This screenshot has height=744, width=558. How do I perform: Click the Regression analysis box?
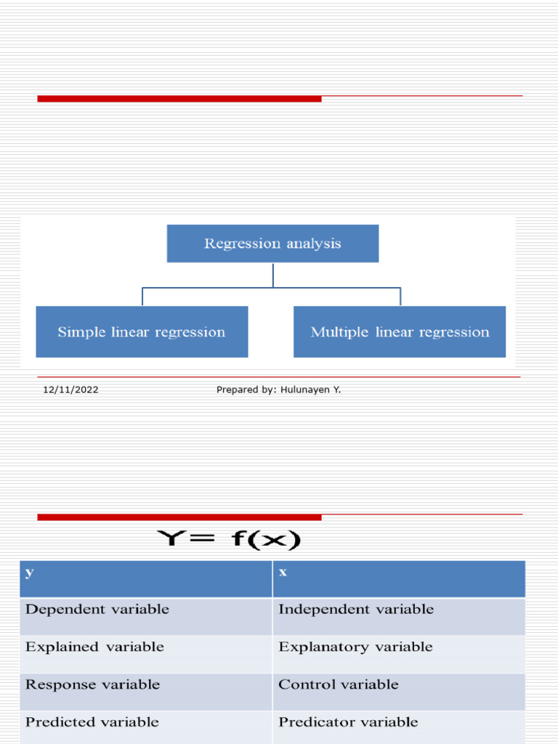[x=272, y=243]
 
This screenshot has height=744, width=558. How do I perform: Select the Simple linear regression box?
[x=142, y=332]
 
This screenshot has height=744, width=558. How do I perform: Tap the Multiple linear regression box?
[x=400, y=332]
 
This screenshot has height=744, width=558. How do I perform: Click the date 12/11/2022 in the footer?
[x=70, y=390]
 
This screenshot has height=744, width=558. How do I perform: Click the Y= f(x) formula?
[x=229, y=540]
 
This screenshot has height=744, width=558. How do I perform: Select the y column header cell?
[x=145, y=578]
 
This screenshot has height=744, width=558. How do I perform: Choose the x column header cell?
[x=398, y=578]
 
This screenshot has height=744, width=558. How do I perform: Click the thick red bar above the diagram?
[x=179, y=99]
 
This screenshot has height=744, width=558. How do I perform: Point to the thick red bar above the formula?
[x=179, y=517]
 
